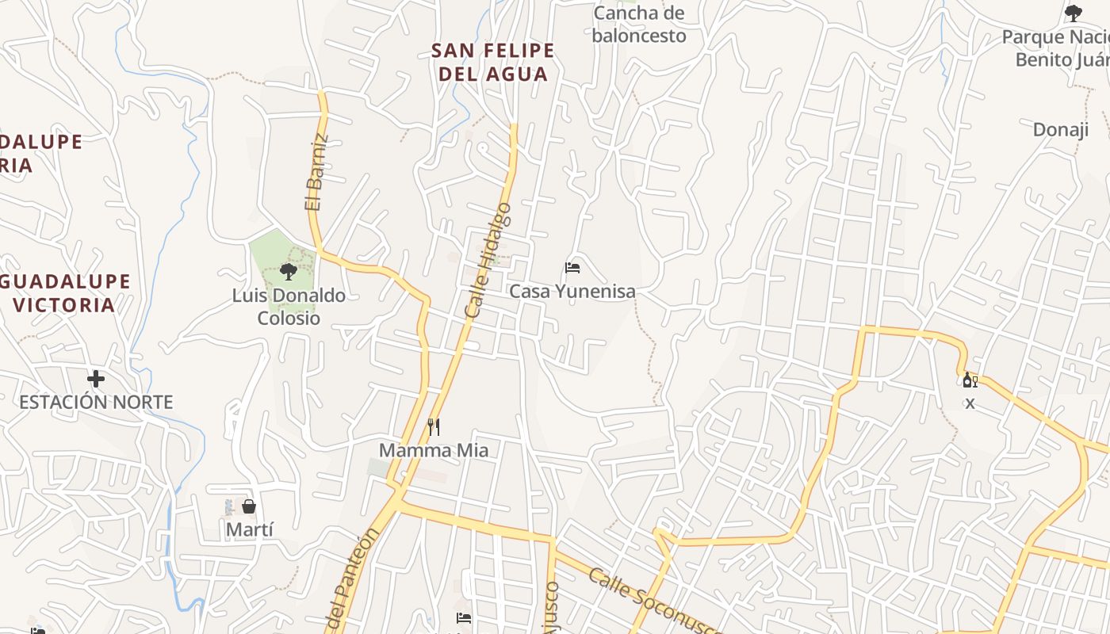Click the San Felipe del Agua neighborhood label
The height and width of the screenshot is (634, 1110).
[492, 63]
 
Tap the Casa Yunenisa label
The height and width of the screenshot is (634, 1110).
[572, 292]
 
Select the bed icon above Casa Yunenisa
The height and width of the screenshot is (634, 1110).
[572, 268]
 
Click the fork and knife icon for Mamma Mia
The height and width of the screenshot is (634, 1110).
[434, 427]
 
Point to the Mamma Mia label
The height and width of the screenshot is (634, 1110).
[433, 451]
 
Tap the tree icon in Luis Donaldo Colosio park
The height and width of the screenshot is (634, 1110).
[289, 272]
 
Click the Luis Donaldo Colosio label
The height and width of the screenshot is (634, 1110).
[289, 307]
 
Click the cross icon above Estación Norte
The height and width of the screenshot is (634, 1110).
[96, 379]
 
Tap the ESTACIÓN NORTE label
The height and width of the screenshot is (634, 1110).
[96, 403]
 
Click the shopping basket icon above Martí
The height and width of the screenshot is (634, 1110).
[249, 506]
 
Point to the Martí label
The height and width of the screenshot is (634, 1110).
[250, 529]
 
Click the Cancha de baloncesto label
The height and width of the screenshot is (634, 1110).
[639, 25]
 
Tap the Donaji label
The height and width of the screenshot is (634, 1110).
[1060, 130]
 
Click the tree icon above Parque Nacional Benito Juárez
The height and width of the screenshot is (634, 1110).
[1074, 13]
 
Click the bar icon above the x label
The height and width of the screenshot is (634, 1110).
[969, 380]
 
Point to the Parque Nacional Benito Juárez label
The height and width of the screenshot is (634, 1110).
[1055, 48]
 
